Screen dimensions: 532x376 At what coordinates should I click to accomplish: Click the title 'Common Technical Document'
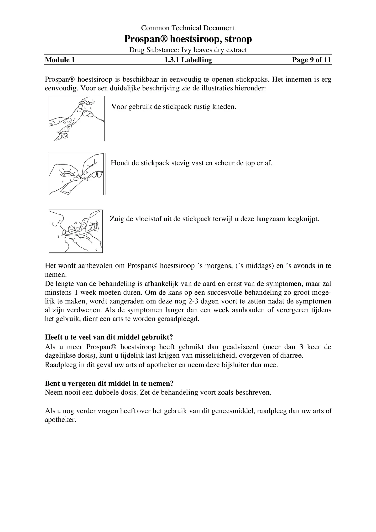(188, 28)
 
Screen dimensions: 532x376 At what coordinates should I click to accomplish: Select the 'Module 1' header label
(60, 60)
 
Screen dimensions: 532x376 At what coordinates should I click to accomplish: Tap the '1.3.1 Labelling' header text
(188, 60)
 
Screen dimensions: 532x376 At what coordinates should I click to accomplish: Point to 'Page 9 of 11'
(311, 60)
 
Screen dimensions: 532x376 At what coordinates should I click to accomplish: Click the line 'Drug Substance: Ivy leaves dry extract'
(188, 50)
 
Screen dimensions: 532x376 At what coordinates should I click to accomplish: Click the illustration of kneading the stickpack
(77, 119)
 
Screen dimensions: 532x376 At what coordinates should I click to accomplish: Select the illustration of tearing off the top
(76, 174)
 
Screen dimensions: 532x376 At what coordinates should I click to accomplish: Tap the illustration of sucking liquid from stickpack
(76, 231)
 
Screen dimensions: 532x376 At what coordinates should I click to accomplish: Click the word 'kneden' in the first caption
(223, 107)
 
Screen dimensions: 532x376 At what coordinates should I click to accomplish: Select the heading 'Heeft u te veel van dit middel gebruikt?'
(109, 337)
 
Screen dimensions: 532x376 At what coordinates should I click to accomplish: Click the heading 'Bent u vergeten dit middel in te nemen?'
(109, 383)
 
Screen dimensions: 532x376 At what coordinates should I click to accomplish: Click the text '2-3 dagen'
(197, 301)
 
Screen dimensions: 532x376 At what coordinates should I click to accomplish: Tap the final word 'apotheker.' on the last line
(60, 420)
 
